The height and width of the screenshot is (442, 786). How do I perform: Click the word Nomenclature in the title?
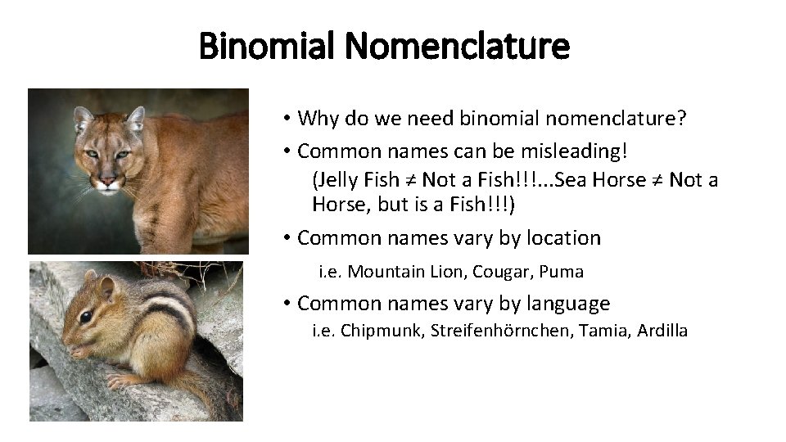click(457, 47)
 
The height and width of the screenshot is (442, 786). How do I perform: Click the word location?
click(563, 238)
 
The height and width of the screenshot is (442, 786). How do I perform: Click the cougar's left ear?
click(84, 119)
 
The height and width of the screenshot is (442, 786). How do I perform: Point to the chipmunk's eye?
click(85, 315)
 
